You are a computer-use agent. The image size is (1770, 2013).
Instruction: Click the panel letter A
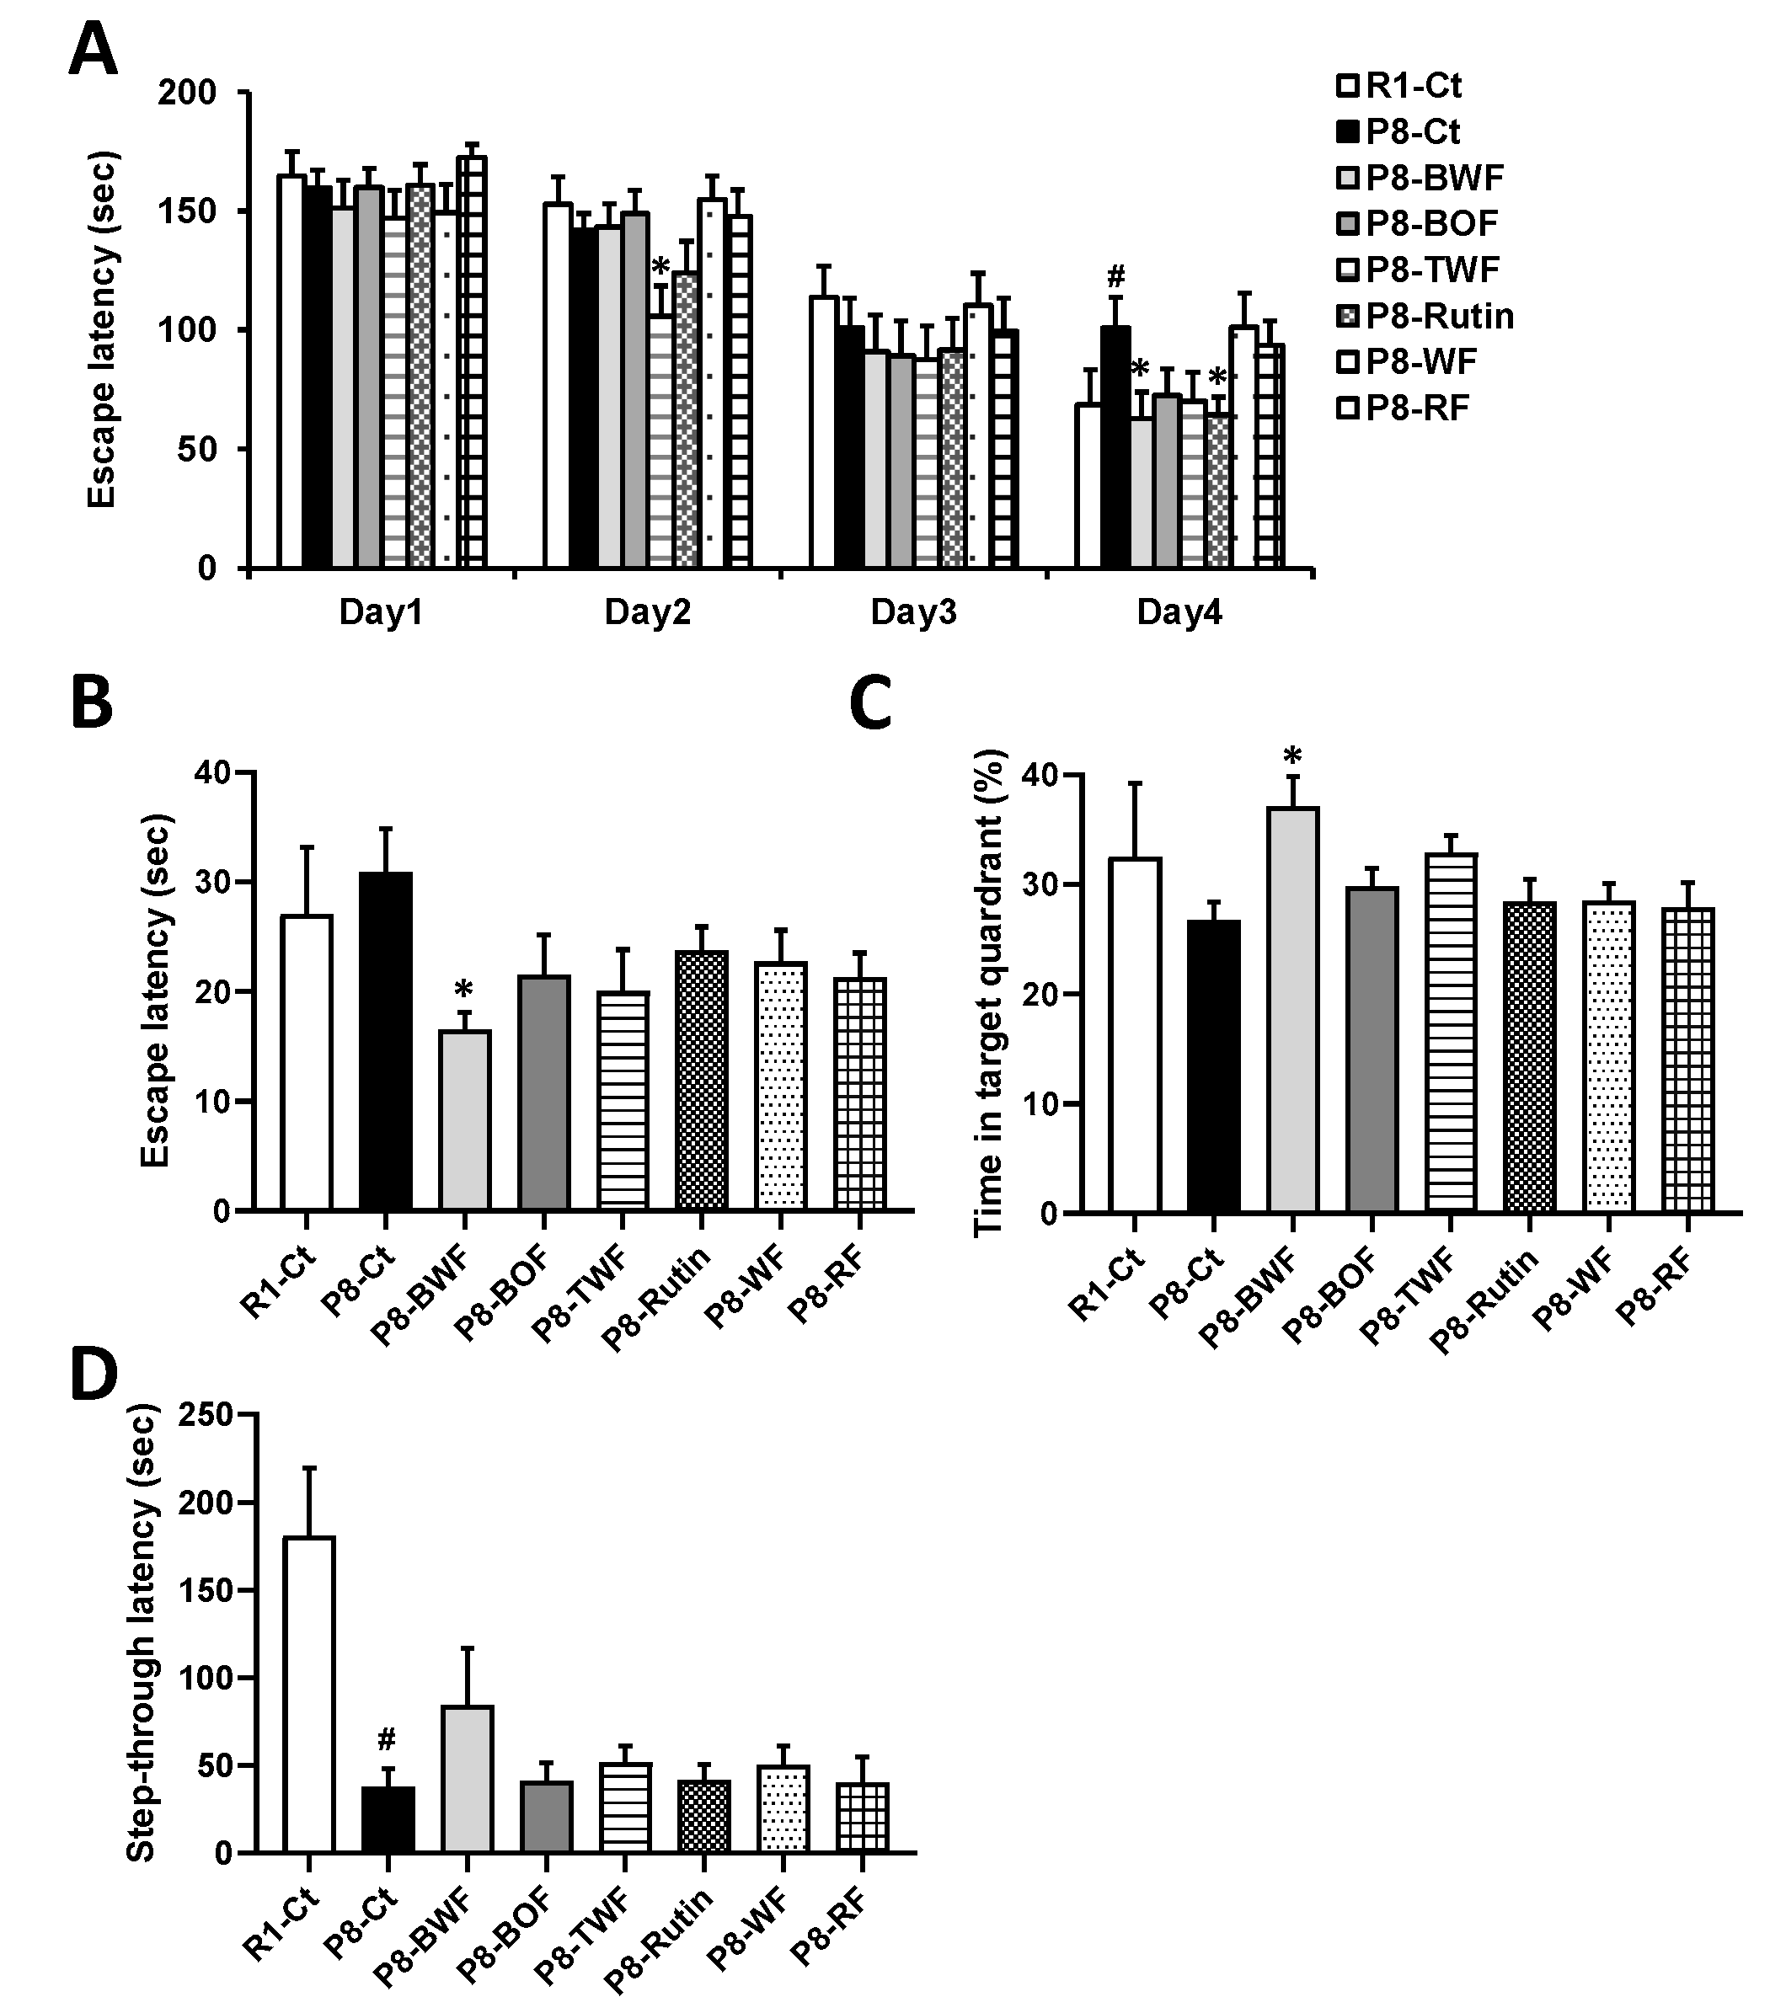93,51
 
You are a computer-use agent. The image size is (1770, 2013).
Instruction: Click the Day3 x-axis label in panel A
913,612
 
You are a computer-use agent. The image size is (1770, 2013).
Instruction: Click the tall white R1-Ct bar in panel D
308,1694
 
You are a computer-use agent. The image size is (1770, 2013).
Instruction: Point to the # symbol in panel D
386,1739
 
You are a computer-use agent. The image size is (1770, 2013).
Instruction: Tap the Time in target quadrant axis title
988,993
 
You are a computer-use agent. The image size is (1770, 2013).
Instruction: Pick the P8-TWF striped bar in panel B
623,1100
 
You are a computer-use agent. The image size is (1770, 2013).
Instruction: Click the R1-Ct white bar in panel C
1135,1034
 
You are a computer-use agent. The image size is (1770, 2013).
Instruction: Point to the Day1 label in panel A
380,612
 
